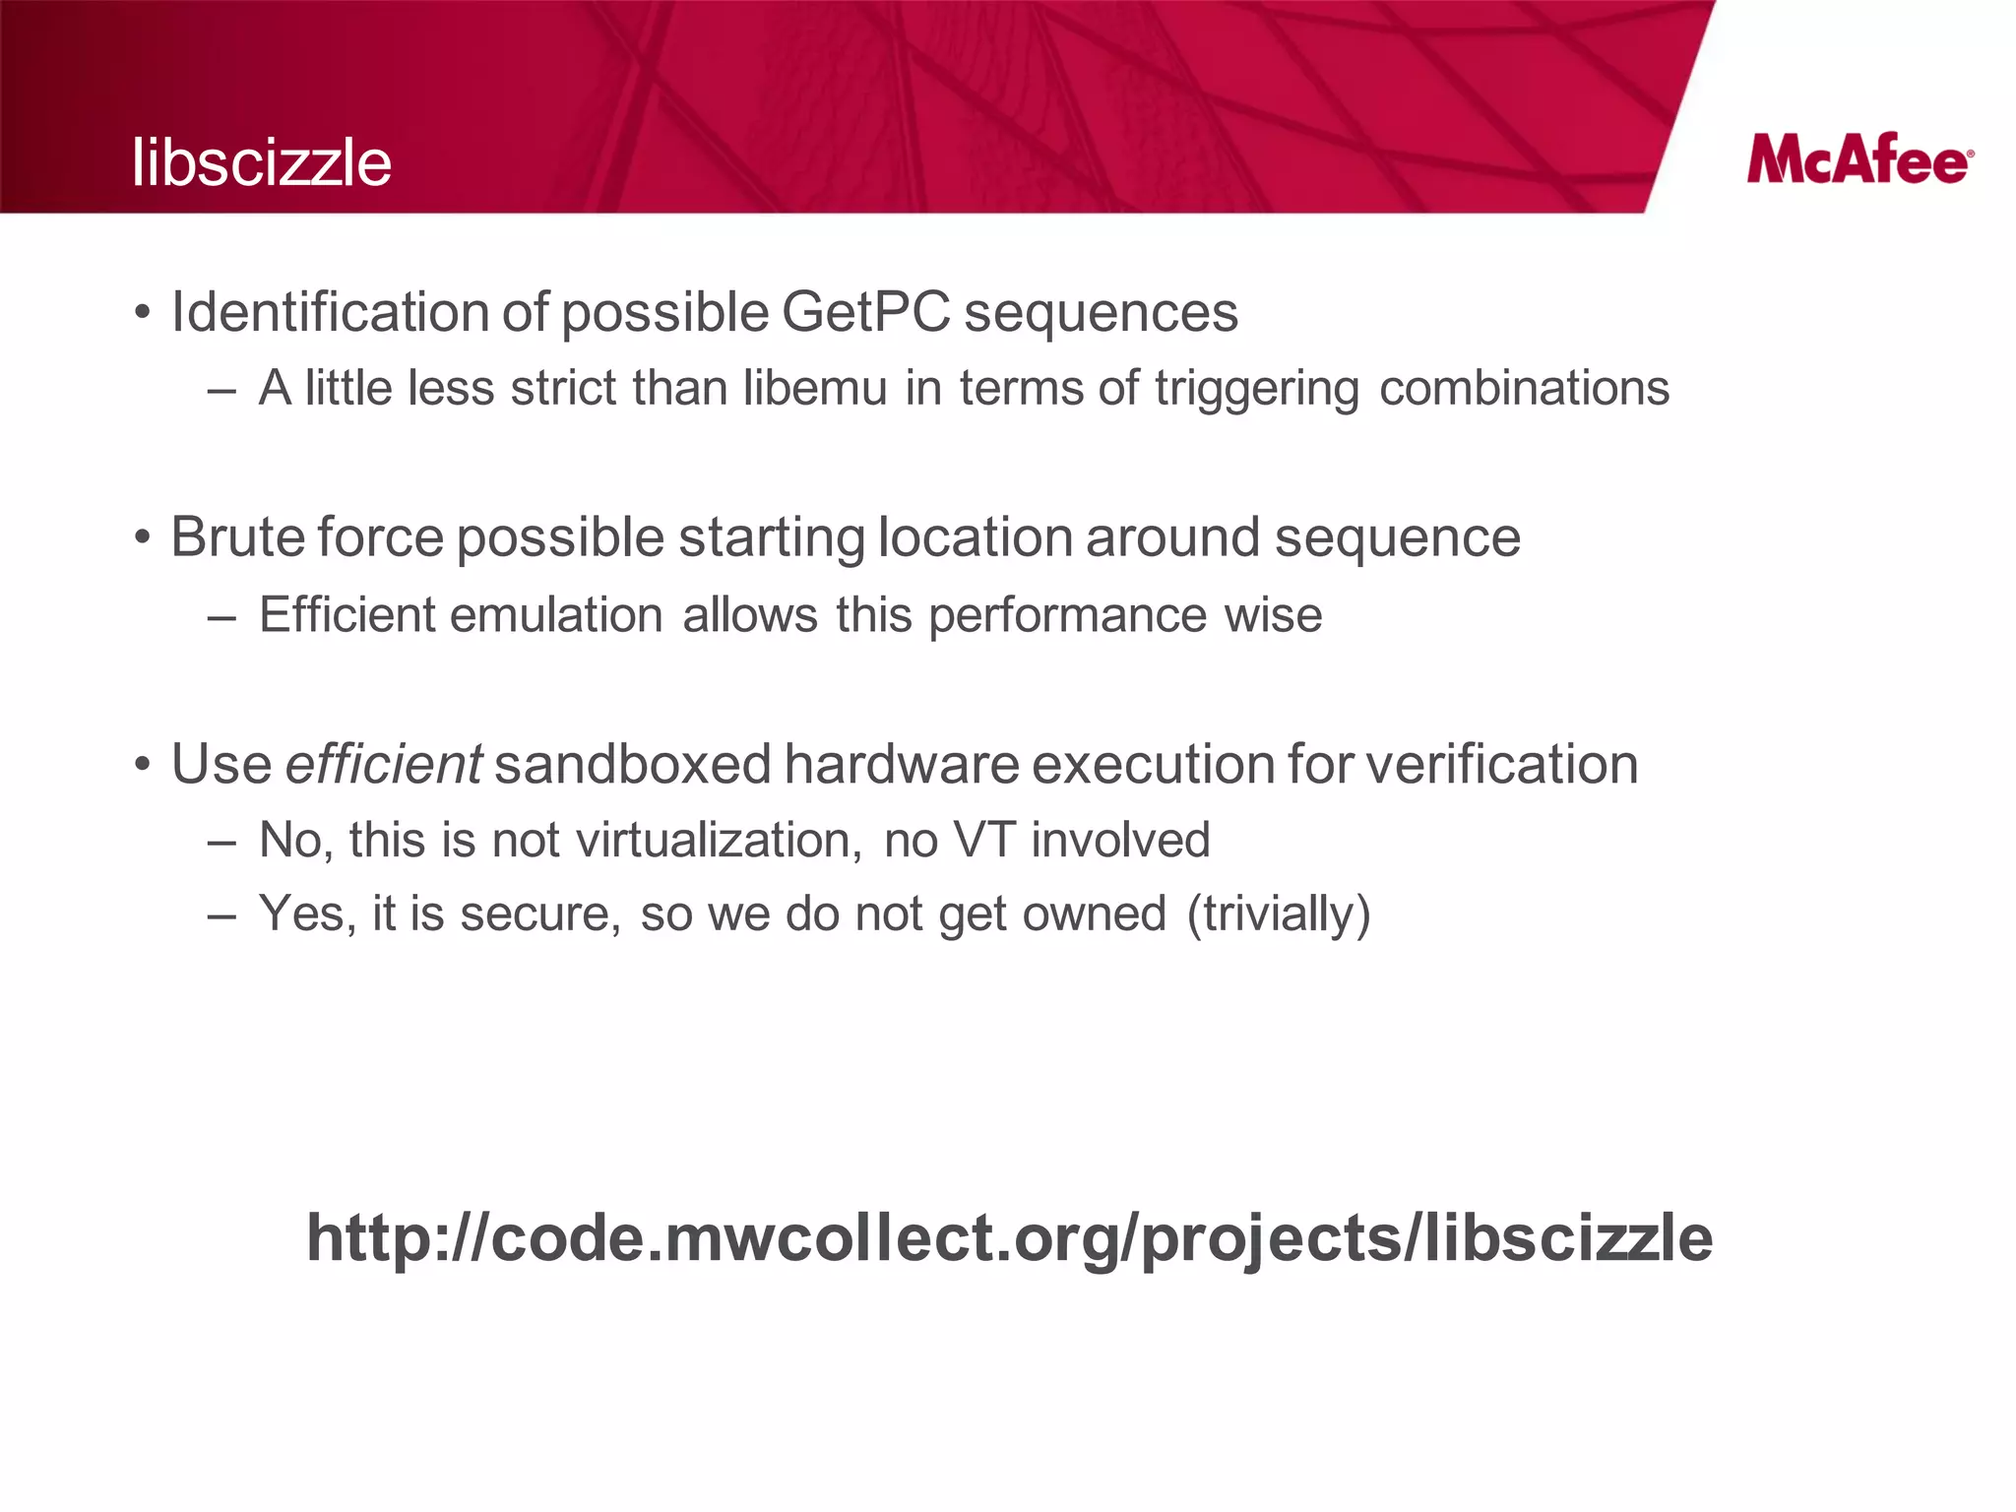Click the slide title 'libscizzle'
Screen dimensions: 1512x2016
pos(262,162)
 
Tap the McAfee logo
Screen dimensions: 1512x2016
pos(1859,161)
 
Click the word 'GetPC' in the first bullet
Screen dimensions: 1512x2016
pos(866,313)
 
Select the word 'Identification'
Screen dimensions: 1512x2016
pos(330,313)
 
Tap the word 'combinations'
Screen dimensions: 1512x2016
pos(1524,388)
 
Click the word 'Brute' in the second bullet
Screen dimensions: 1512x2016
pos(237,537)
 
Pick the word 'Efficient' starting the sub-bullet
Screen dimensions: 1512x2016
pos(346,615)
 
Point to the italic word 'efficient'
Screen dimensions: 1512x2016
pos(383,764)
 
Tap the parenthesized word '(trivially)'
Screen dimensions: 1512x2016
pos(1278,914)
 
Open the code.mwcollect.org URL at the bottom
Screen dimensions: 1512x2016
pos(1009,1238)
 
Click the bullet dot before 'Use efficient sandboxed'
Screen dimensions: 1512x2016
pos(144,765)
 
